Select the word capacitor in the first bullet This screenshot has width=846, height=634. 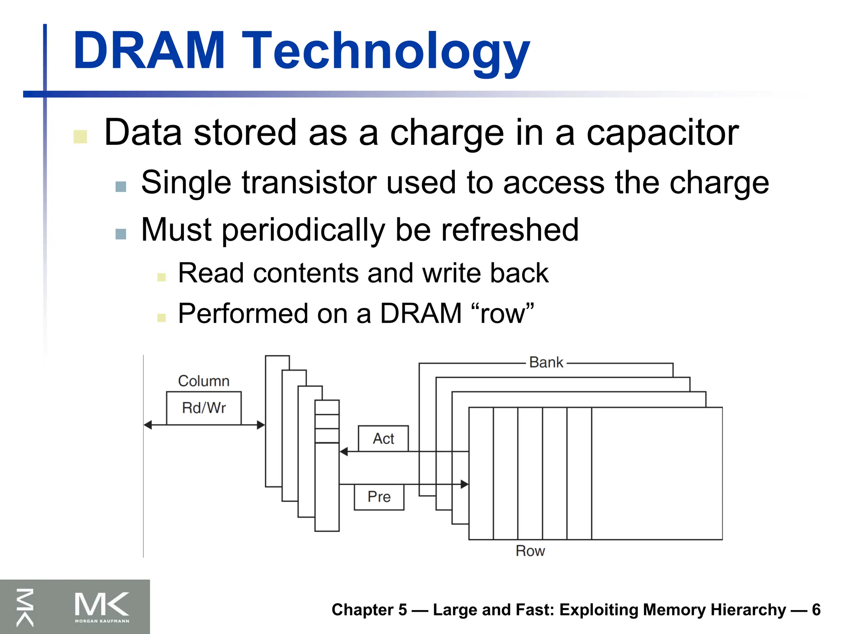[662, 132]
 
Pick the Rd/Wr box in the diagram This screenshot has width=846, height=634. [204, 408]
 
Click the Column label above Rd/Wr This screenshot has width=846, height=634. [204, 381]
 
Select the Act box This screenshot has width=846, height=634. [383, 438]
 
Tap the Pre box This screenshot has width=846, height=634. [379, 497]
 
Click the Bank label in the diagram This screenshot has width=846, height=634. [546, 362]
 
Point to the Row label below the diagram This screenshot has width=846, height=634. [530, 551]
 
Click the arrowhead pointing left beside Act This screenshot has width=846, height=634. [344, 452]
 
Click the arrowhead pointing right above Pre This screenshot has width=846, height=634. [464, 484]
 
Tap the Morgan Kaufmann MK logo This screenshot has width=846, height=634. [102, 606]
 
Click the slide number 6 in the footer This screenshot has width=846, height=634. [816, 610]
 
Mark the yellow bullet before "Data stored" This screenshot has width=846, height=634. [80, 137]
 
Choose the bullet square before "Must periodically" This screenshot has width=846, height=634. [121, 234]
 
